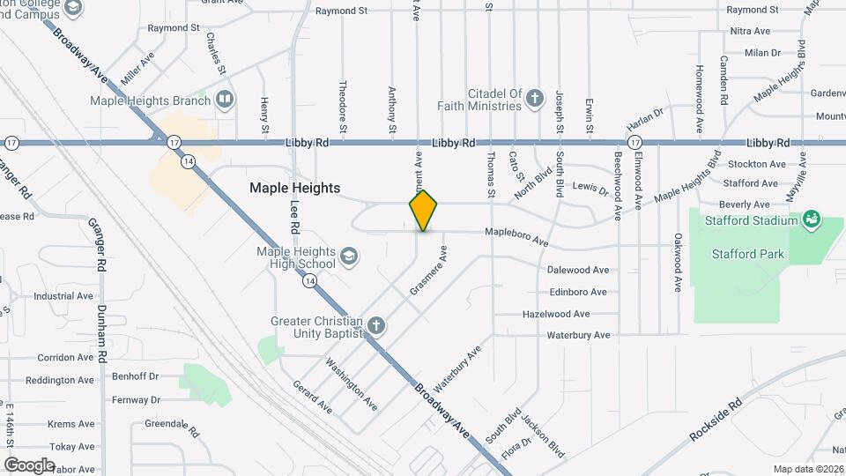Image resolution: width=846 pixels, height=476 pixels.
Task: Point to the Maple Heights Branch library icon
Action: [x=226, y=99]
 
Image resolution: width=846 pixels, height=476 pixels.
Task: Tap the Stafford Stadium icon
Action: [x=812, y=219]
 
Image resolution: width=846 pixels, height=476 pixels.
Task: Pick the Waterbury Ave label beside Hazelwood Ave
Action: [x=578, y=335]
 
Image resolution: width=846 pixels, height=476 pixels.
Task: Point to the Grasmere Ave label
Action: [x=428, y=271]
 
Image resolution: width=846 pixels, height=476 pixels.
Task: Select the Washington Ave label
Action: [x=352, y=384]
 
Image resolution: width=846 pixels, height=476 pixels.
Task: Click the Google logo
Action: [x=29, y=465]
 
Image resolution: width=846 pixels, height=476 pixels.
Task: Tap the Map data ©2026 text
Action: [x=807, y=469]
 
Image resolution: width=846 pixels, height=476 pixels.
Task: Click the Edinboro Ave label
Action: [x=577, y=292]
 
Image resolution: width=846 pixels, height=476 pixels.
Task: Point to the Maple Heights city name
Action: [x=294, y=188]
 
